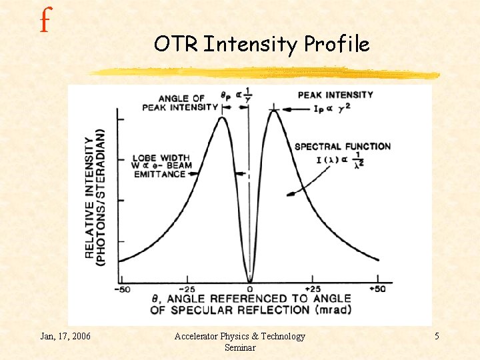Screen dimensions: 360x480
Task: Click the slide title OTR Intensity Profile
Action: pos(261,44)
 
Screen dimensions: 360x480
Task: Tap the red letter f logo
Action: pos(45,21)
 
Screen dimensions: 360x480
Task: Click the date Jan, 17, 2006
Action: pos(65,336)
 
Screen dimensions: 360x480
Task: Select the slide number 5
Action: pos(437,336)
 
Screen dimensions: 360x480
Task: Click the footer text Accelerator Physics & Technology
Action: pos(239,336)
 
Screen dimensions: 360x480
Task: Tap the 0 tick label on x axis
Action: pos(249,289)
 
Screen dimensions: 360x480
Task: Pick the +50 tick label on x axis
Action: pos(377,289)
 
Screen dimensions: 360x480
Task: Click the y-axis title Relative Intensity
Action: pos(94,197)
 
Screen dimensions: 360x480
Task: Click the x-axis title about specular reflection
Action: pos(250,304)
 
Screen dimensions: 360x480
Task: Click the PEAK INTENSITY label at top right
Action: pos(335,95)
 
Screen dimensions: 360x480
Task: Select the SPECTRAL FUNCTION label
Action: pos(343,146)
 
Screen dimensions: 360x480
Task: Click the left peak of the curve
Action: pos(223,117)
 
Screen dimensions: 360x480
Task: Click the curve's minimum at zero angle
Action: pos(249,280)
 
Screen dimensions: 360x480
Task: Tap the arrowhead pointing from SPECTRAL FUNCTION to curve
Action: pos(289,195)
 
